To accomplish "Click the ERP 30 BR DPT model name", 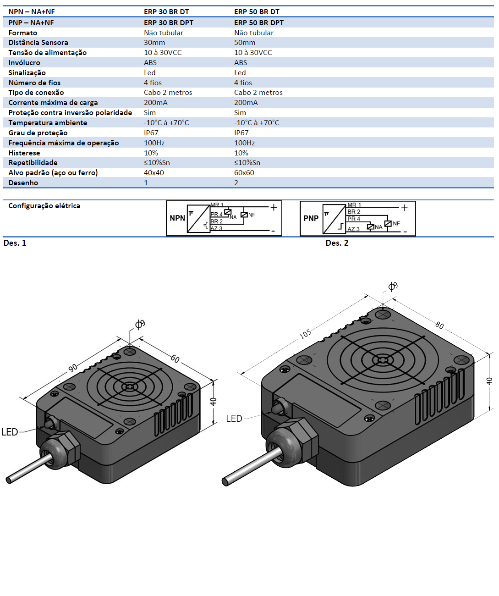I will click(169, 22).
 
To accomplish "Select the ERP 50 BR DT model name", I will click(257, 11).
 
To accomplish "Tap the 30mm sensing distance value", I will click(154, 43).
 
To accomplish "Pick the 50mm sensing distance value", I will click(245, 43).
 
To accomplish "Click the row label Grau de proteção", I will click(38, 133).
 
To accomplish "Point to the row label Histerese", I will click(24, 153).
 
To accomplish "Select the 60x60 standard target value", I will click(244, 173).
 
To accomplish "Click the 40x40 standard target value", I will click(154, 173).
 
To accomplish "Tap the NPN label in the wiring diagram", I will click(177, 218).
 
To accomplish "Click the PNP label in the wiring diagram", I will click(311, 218).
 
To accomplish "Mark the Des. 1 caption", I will click(15, 243).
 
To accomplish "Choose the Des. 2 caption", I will click(337, 243).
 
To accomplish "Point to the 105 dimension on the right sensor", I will click(306, 334).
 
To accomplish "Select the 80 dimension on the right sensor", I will click(440, 325).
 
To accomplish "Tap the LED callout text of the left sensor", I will click(10, 432).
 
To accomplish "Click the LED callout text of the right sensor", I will click(234, 419).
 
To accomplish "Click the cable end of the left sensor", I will click(9, 480).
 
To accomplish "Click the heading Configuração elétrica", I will click(44, 206).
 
